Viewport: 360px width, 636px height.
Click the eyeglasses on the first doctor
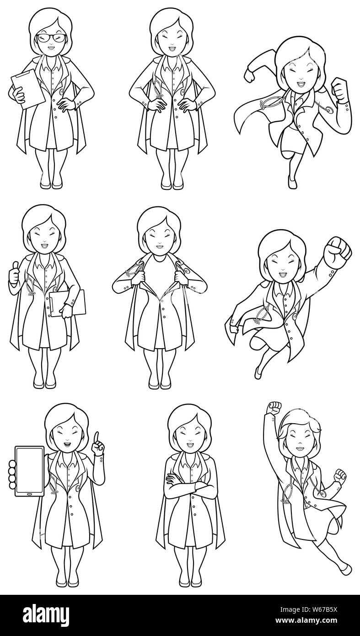[50, 38]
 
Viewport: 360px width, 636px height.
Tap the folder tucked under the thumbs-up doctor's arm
[68, 303]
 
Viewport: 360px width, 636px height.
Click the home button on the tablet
[29, 494]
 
